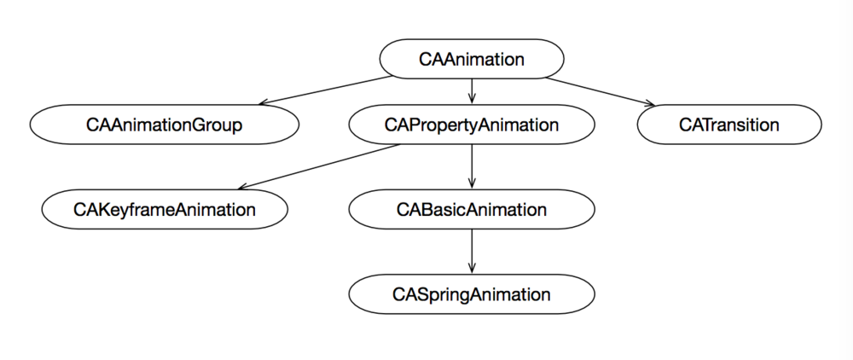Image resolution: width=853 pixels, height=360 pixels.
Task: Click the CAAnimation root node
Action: click(x=472, y=60)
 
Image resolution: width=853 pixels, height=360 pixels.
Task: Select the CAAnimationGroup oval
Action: click(x=165, y=125)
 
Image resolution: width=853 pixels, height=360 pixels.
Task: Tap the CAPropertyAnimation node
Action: click(x=472, y=125)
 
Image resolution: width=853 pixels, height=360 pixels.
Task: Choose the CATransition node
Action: click(x=729, y=125)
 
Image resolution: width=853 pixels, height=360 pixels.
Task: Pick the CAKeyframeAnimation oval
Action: click(x=165, y=210)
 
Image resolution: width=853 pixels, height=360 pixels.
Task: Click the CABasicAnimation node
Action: click(x=472, y=210)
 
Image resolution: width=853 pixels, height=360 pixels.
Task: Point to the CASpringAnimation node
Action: click(x=472, y=294)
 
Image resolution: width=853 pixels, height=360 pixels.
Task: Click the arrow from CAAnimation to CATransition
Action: click(x=606, y=91)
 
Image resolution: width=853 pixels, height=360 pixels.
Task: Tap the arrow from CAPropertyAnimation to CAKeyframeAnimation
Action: click(x=320, y=166)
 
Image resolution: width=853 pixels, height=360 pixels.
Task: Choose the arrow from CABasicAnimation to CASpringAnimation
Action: click(x=472, y=252)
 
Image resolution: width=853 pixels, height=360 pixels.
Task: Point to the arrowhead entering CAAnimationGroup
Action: click(x=264, y=102)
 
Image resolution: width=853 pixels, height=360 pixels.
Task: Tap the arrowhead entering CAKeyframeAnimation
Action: click(x=244, y=187)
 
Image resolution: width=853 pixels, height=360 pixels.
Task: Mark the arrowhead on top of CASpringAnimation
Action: click(x=472, y=270)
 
